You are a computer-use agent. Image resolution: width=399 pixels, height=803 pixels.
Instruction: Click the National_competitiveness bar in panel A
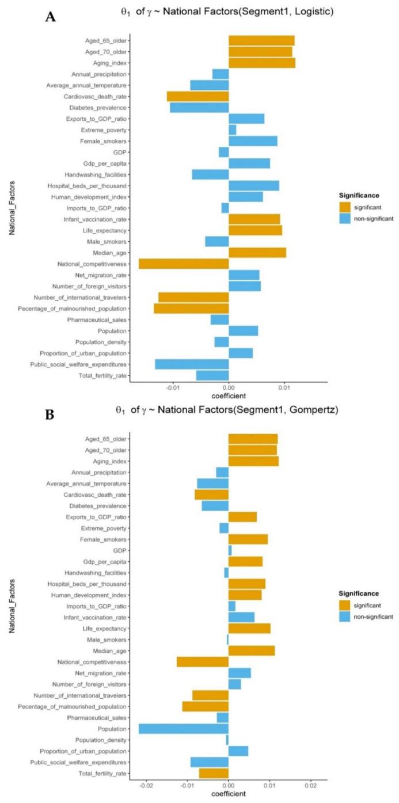pos(184,264)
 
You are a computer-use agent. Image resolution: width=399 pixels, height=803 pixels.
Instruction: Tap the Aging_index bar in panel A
pos(262,63)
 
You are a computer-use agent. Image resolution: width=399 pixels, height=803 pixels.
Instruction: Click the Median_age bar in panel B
pos(252,650)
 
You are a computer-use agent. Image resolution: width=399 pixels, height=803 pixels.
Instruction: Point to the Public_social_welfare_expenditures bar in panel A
pos(192,364)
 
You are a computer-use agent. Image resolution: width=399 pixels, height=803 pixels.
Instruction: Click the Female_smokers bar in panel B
pos(248,539)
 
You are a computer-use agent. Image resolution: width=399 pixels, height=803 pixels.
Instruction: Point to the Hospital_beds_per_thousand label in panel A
pos(87,185)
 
